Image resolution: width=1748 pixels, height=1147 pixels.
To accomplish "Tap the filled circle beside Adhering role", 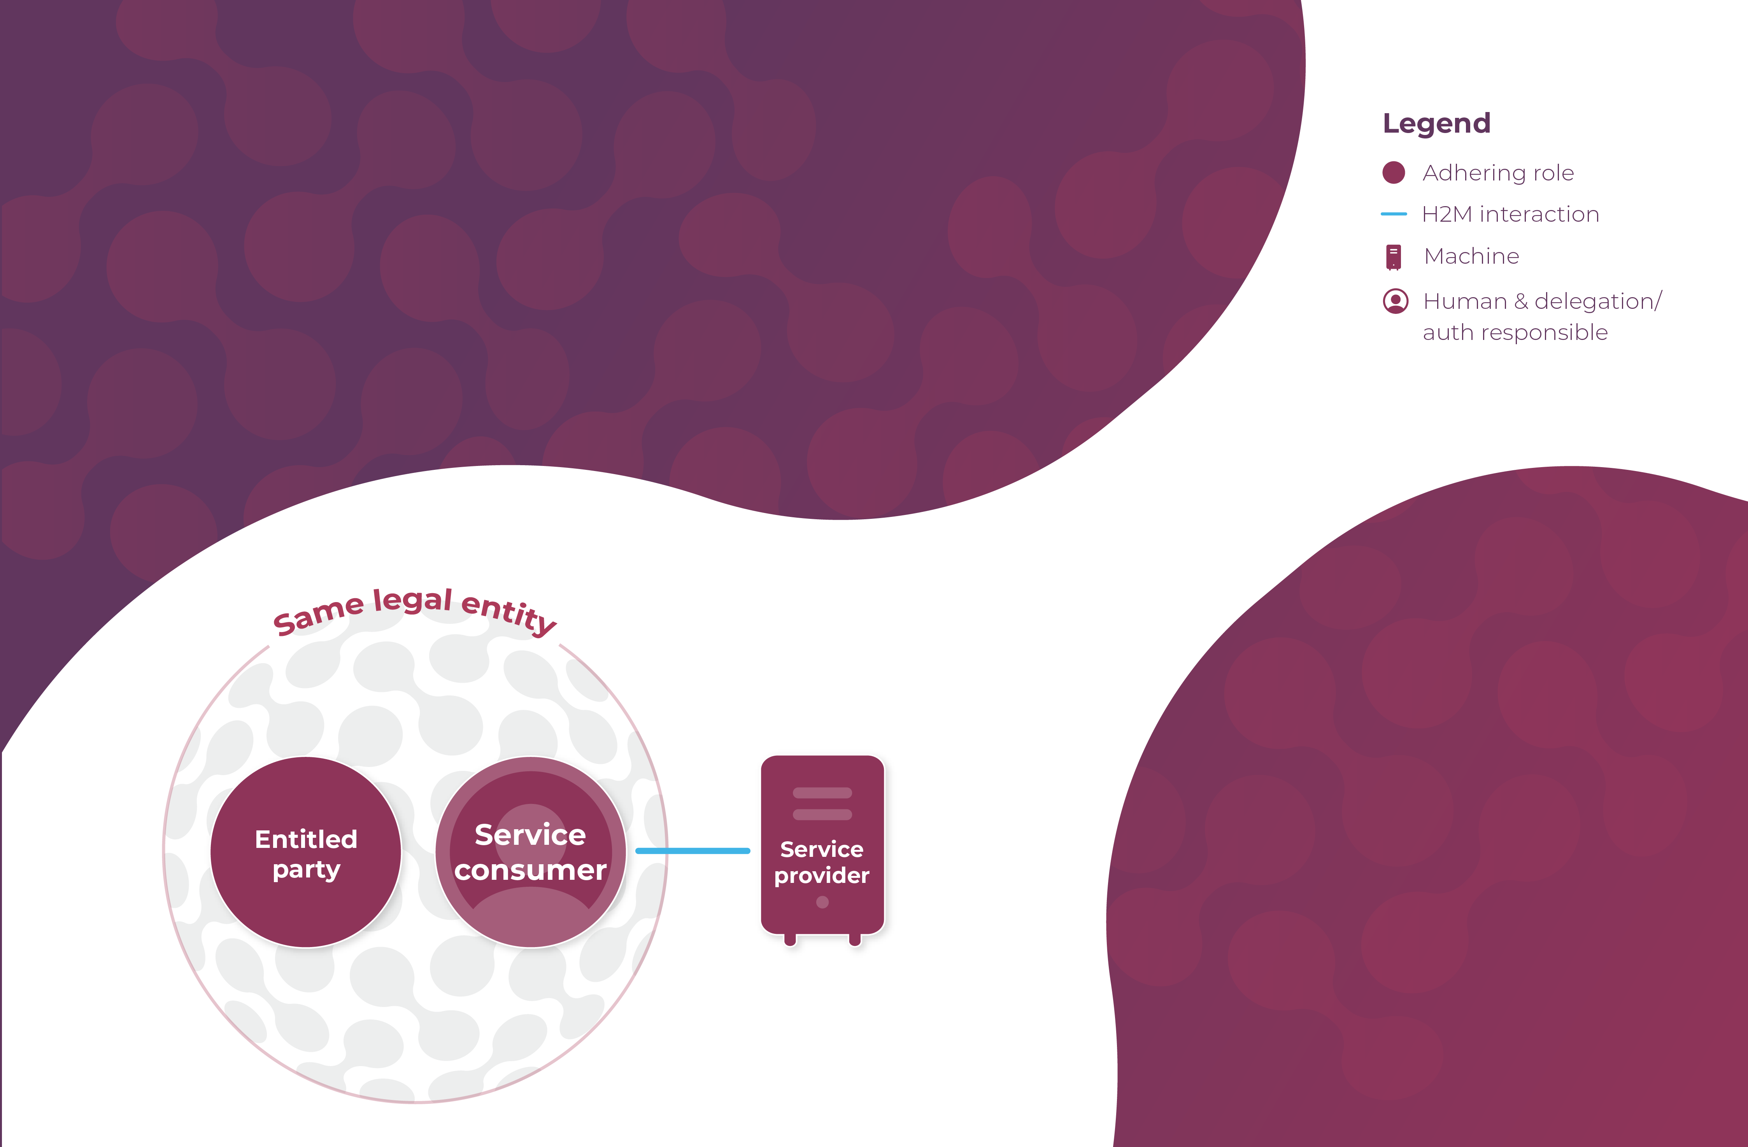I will pos(1393,173).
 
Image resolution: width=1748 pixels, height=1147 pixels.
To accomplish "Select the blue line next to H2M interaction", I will pos(1393,214).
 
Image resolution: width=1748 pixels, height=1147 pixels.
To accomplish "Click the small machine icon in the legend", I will pos(1393,256).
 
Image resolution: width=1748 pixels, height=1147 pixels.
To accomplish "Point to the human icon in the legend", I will pos(1395,301).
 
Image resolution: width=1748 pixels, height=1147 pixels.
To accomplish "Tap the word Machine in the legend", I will pos(1471,256).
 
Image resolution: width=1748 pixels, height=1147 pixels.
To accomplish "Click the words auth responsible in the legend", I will pos(1515,333).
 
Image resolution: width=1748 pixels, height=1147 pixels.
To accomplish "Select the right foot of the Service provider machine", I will pos(854,939).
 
